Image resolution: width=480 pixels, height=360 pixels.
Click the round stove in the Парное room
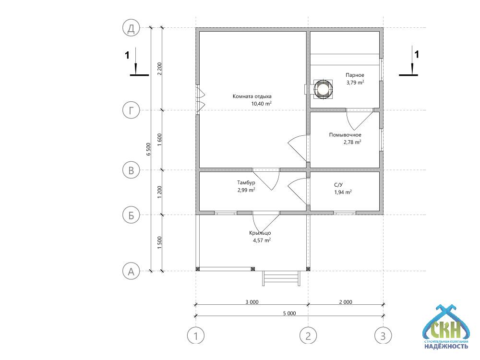323,89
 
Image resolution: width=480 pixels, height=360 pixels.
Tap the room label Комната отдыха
252,96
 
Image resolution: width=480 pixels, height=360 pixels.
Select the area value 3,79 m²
355,83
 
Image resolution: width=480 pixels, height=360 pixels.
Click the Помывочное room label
345,135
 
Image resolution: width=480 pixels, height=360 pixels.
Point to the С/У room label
338,185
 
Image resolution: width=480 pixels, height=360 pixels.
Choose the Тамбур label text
246,182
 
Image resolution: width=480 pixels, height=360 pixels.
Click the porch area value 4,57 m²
262,240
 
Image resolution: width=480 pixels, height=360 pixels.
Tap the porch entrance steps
281,278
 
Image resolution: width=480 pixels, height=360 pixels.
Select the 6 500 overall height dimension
148,149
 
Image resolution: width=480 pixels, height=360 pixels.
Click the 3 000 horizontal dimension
252,302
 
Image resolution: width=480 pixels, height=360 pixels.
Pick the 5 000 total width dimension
289,313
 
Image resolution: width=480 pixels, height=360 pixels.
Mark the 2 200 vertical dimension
159,69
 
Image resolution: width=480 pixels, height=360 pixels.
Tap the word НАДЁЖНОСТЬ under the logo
446,346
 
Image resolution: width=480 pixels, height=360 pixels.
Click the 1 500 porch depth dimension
159,243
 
